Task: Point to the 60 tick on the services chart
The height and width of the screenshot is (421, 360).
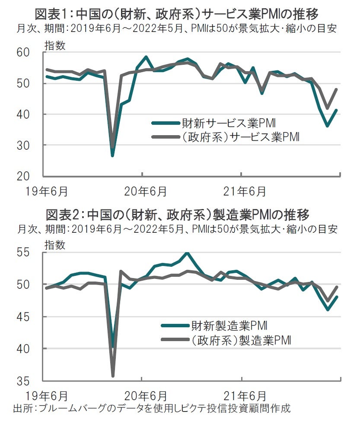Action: point(34,52)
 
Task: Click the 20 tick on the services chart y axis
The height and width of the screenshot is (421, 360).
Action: point(34,176)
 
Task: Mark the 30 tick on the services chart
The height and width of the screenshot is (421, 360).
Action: point(34,145)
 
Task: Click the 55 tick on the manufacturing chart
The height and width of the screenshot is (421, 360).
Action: point(34,253)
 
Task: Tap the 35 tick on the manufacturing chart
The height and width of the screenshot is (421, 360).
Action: point(34,381)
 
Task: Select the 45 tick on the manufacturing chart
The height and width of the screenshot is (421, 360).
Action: point(34,317)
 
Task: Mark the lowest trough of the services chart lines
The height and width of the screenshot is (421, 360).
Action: point(112,155)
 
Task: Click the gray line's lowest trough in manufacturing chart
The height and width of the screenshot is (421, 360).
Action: point(112,376)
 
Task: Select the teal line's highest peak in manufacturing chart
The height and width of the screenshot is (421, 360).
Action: point(187,253)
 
